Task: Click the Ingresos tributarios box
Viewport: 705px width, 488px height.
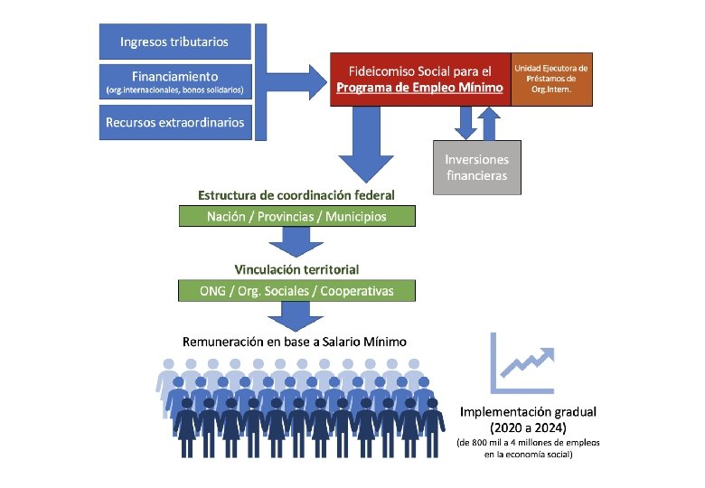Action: tap(174, 42)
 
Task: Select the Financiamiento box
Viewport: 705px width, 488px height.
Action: tap(174, 82)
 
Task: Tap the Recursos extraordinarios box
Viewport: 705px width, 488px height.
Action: tap(174, 122)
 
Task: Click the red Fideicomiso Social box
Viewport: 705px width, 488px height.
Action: tap(419, 79)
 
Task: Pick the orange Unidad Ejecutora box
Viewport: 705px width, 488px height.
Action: tap(550, 79)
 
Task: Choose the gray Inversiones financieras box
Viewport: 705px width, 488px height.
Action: tap(476, 167)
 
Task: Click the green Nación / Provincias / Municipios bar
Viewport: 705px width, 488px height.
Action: tap(296, 217)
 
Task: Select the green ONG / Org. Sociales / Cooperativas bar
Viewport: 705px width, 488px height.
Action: tap(296, 291)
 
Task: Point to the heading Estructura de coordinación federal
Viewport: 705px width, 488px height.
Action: tap(296, 195)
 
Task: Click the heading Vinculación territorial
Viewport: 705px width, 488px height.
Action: tap(296, 269)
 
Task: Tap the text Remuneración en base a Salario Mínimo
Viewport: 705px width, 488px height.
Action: tap(295, 342)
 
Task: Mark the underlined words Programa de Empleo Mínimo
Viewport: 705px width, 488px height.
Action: tap(419, 88)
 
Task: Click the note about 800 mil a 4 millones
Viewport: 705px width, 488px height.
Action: tap(529, 448)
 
